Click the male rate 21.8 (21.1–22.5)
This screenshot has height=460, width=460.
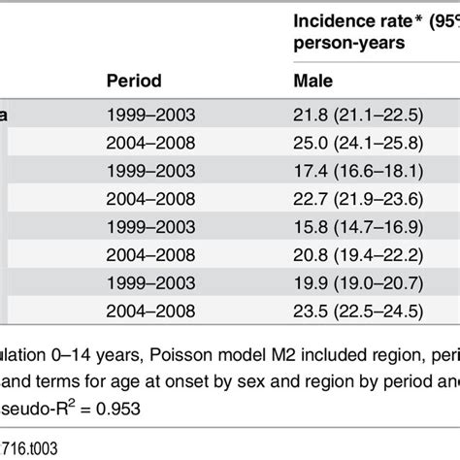coord(358,114)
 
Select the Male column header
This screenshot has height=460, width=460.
coord(313,81)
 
